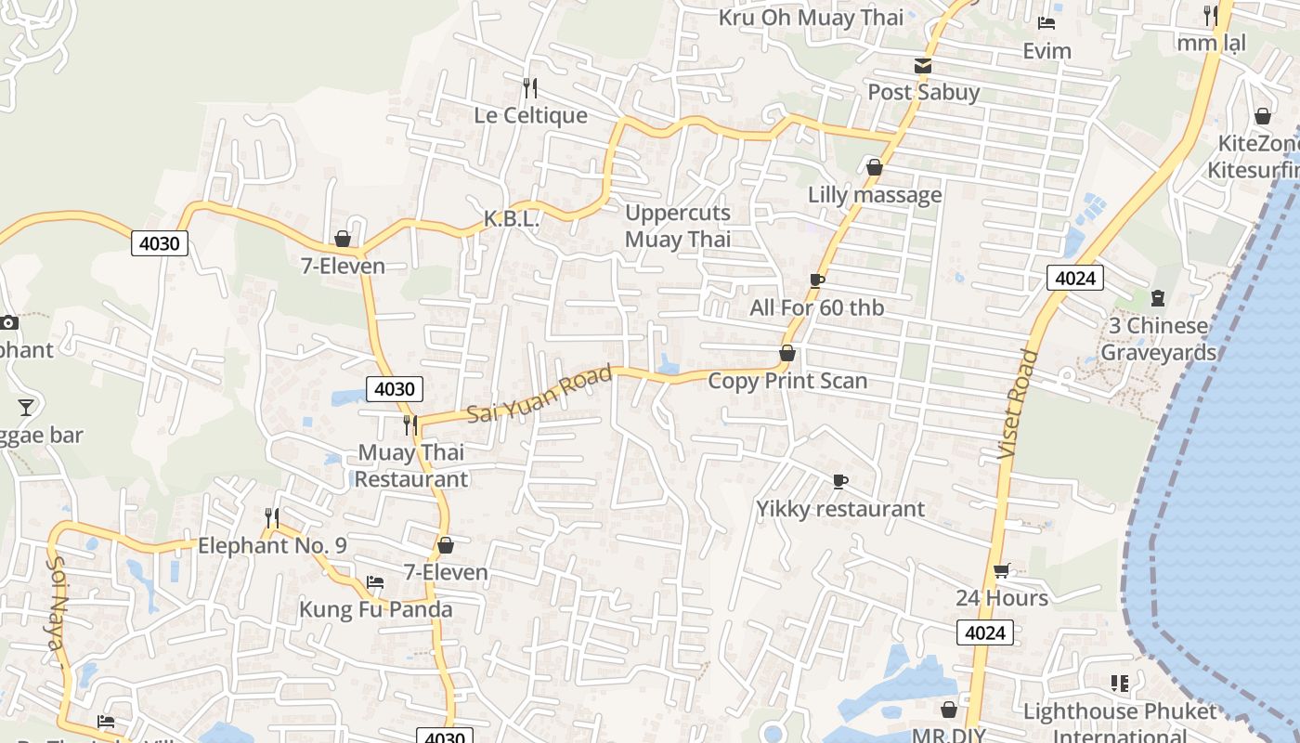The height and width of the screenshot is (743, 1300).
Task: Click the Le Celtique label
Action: point(530,115)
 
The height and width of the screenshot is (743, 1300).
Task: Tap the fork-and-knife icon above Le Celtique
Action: point(530,88)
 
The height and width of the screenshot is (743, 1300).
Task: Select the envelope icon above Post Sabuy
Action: point(923,66)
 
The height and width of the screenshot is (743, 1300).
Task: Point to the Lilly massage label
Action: point(875,195)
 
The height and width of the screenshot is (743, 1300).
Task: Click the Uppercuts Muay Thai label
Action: point(678,226)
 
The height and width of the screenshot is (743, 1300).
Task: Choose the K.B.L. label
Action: point(511,219)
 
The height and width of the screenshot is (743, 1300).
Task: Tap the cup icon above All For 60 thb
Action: point(817,280)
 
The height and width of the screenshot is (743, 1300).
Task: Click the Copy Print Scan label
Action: point(787,381)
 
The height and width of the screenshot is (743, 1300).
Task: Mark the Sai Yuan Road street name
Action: point(539,395)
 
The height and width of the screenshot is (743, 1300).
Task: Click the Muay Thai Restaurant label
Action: point(411,466)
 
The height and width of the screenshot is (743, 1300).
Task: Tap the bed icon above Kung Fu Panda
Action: point(375,582)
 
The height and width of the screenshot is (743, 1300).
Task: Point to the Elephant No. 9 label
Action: point(272,545)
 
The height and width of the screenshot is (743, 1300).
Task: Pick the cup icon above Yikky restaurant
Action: point(840,481)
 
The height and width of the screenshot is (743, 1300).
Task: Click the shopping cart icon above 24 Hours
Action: point(1002,570)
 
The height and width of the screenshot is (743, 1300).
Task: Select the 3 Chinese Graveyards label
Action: point(1158,339)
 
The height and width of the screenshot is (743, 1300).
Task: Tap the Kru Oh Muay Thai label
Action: point(811,17)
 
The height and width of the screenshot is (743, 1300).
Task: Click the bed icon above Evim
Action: point(1046,23)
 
